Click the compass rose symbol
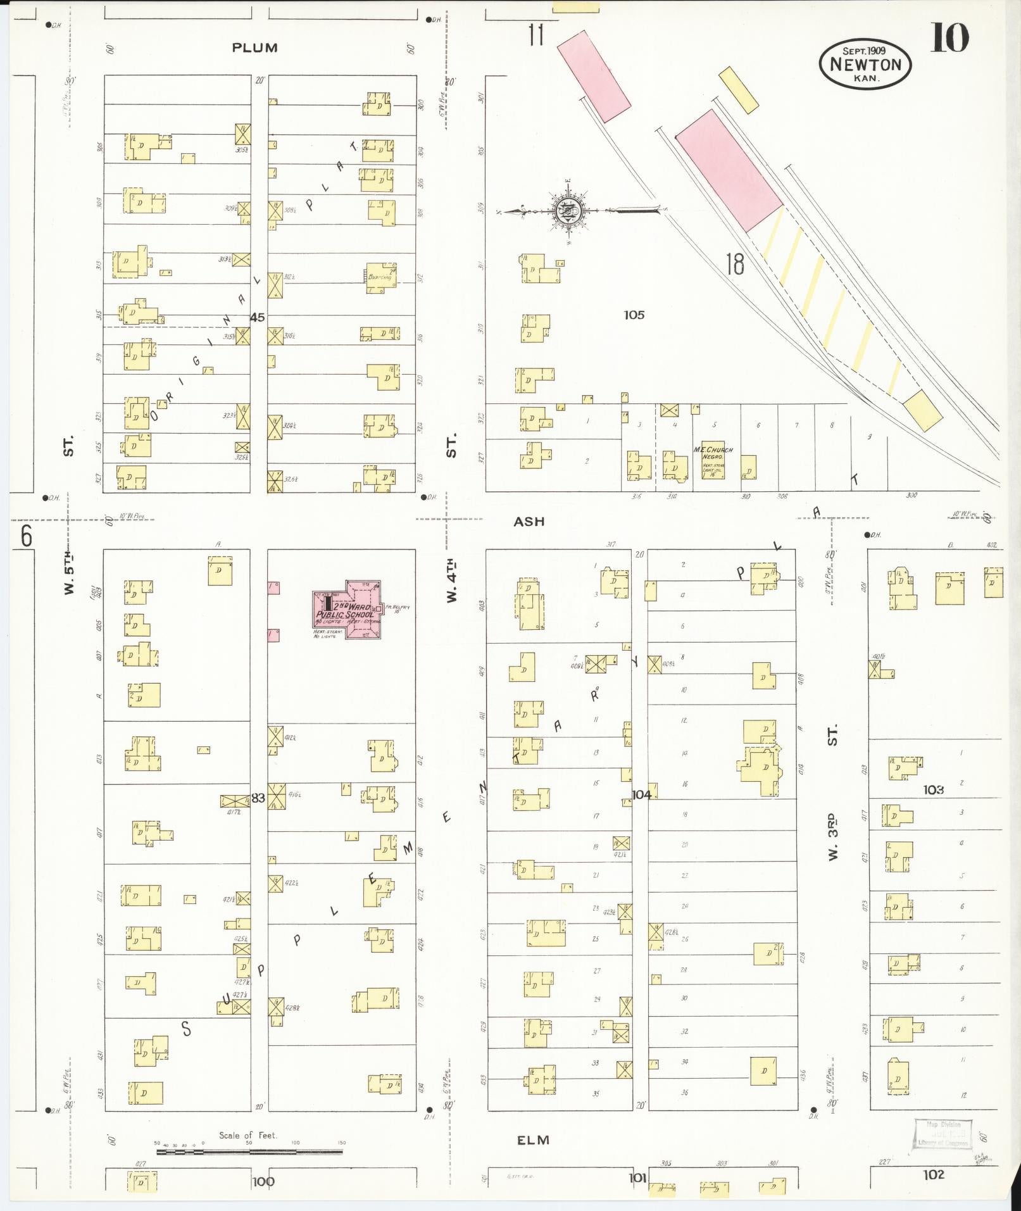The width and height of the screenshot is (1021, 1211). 565,210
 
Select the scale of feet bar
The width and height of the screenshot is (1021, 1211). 249,1151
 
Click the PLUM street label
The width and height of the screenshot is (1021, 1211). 254,47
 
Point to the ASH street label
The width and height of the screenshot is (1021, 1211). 529,522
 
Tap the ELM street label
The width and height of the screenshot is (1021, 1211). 533,1140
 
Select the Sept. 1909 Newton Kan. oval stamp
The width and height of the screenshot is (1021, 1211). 865,64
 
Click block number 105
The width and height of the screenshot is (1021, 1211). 633,315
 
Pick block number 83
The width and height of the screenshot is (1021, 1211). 258,798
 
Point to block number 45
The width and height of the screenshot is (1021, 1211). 257,317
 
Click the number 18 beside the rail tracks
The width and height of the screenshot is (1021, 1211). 735,264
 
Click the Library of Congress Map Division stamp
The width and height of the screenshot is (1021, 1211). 942,1134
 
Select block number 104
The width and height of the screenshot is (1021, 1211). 641,794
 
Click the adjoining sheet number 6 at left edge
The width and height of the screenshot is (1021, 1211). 26,537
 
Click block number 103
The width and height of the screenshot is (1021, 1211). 933,789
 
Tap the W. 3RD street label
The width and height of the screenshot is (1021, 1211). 833,836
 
